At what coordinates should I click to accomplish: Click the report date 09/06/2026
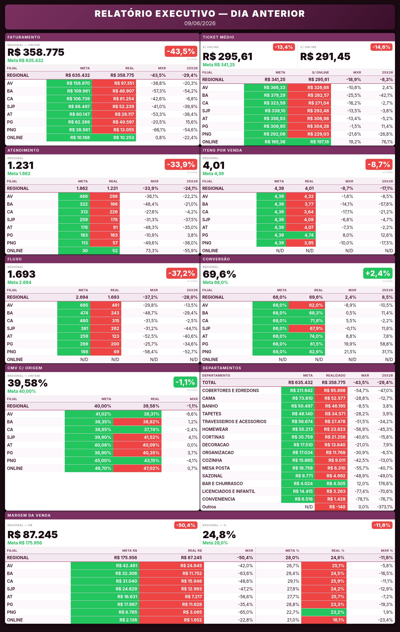[200, 23]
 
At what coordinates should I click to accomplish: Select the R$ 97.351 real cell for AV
[114, 83]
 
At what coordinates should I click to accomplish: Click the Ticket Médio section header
[218, 37]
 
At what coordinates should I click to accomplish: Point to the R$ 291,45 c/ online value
[325, 57]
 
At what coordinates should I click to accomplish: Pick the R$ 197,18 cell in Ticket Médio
[309, 142]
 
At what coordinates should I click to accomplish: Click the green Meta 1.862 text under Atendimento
[19, 173]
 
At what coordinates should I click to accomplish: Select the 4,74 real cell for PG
[301, 235]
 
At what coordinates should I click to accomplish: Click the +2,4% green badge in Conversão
[378, 273]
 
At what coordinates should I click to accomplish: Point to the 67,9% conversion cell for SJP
[306, 328]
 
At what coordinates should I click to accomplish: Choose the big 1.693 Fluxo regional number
[21, 274]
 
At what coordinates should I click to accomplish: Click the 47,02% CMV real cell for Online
[137, 468]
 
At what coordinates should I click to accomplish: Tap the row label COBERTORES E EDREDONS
[230, 391]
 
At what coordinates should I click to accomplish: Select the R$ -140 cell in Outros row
[331, 507]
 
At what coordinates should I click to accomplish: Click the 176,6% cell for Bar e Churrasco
[385, 483]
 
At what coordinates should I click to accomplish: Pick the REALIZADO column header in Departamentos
[335, 375]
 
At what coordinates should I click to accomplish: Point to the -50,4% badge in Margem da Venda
[186, 525]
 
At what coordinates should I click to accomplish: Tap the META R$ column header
[129, 551]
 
